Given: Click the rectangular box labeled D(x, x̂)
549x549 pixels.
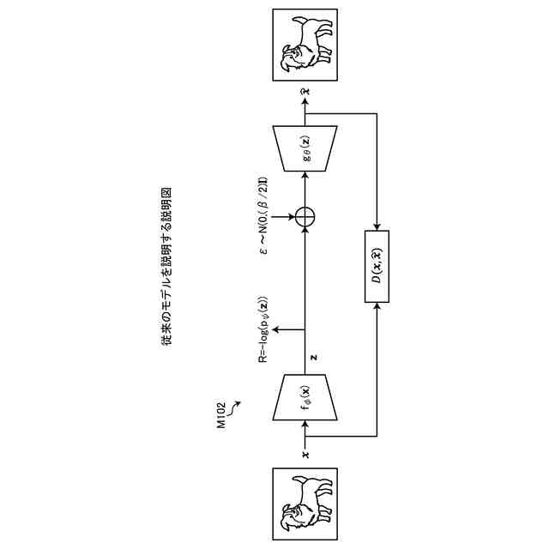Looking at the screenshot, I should [377, 267].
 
